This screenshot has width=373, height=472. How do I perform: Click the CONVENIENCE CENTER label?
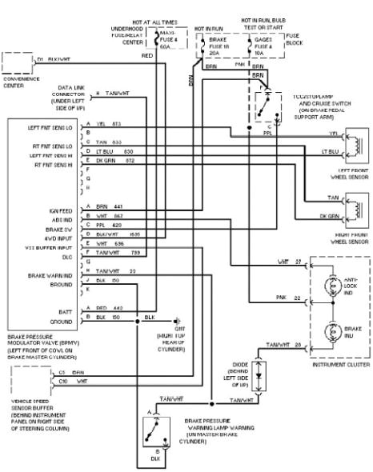pos(22,82)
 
